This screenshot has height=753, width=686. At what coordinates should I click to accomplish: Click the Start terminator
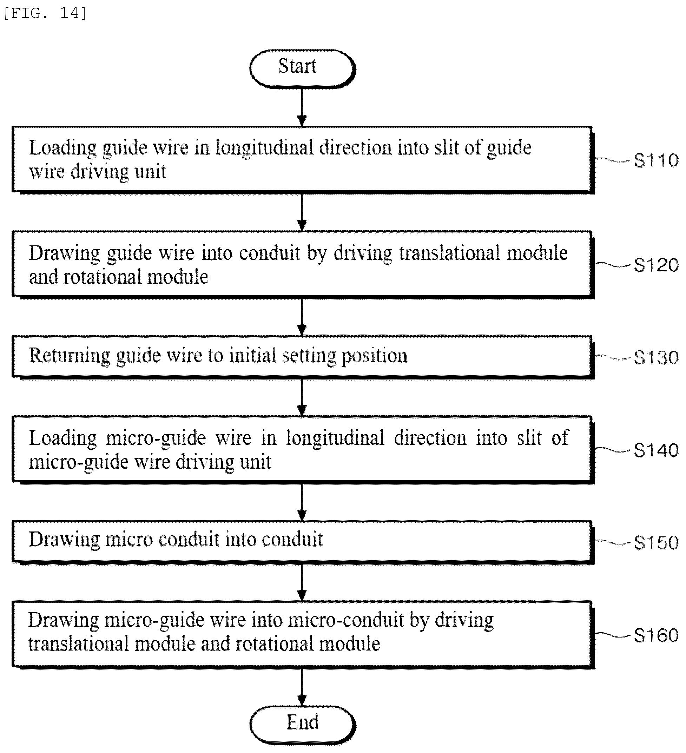302,69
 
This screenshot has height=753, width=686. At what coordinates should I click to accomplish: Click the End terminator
302,725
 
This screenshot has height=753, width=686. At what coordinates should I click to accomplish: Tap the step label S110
656,161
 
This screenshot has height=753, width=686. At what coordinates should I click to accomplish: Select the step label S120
656,265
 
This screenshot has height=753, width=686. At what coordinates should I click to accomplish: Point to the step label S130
656,358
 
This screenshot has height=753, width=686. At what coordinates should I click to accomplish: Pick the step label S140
656,450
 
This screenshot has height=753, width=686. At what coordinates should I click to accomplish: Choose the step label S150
656,543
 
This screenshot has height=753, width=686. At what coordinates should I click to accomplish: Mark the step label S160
656,635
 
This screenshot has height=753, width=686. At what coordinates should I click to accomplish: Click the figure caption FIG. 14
45,13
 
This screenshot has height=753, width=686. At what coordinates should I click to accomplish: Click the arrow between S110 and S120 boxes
302,212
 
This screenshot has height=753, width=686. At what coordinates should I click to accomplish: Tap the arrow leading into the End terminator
302,687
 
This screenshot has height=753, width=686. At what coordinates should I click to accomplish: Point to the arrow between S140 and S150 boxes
302,502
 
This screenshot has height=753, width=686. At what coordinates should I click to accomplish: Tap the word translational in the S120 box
450,253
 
